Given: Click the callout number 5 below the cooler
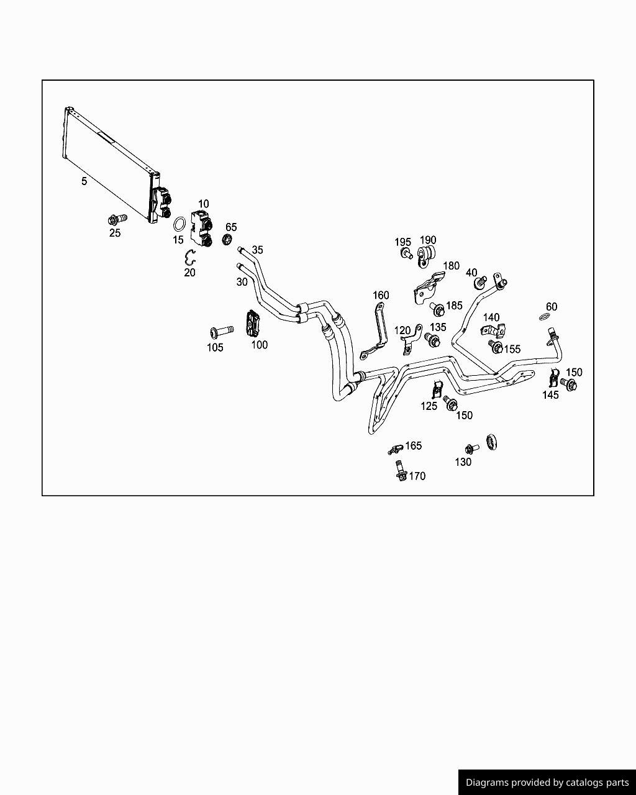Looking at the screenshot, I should tap(84, 181).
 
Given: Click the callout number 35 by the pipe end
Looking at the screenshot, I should tap(257, 250).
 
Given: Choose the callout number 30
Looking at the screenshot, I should tap(242, 281).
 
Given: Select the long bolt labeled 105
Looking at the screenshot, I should tap(221, 330).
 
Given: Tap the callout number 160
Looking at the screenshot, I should tap(380, 295).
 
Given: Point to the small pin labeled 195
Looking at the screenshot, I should tap(406, 253).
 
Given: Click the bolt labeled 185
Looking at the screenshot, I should tap(437, 308).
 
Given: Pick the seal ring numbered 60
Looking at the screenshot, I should tap(545, 317).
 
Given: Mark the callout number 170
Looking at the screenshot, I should tap(417, 476).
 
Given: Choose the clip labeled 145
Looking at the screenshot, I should tap(555, 378).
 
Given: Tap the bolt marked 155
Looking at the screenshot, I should tap(495, 346).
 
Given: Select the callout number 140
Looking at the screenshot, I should tap(491, 318).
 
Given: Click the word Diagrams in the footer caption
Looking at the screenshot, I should tap(488, 783).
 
